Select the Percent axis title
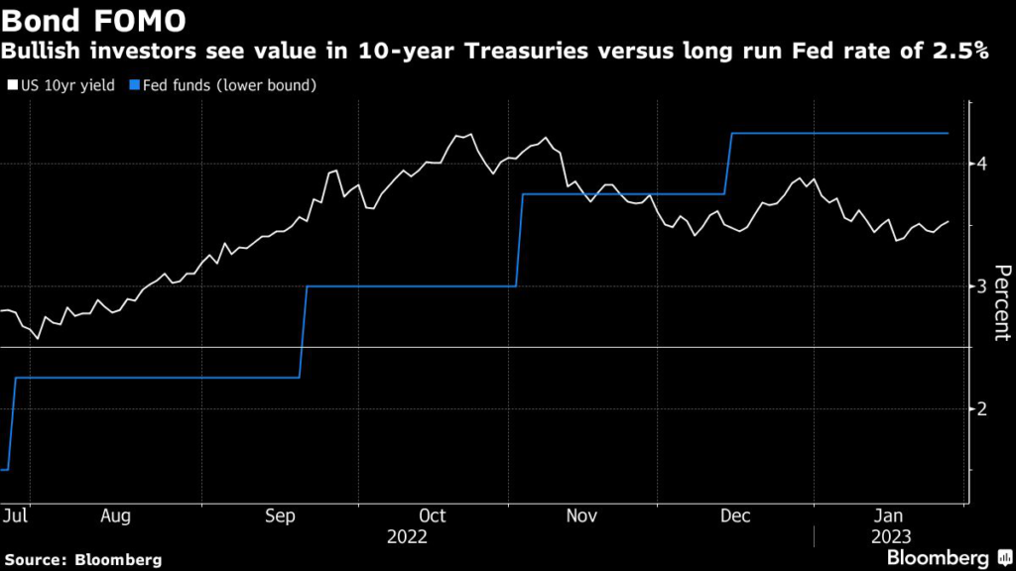click(1001, 302)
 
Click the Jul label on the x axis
click(15, 516)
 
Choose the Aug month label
click(115, 516)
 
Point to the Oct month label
click(433, 516)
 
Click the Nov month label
click(581, 516)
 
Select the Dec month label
click(735, 516)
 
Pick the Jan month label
click(888, 516)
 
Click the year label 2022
click(407, 536)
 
